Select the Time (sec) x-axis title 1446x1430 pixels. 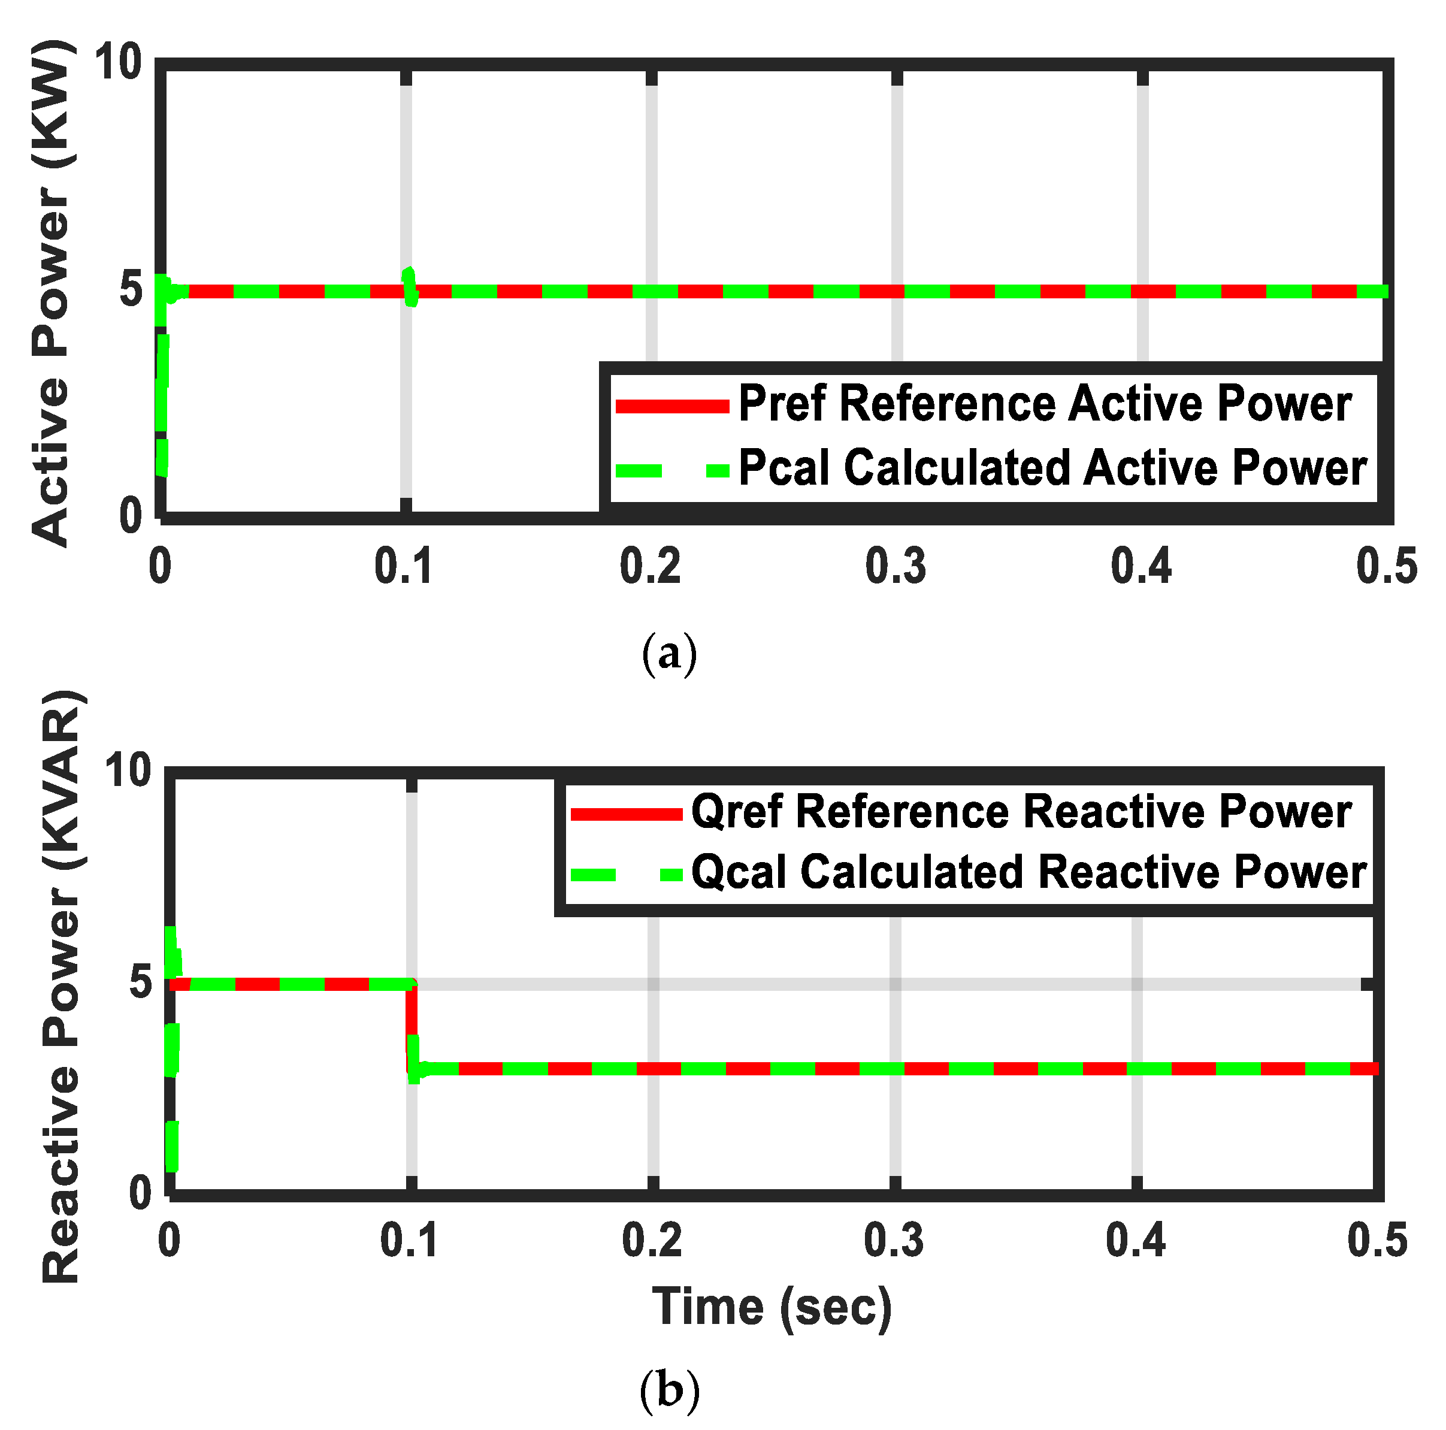pos(772,1307)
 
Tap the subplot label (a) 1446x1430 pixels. pos(669,654)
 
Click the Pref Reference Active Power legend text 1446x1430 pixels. pos(1045,404)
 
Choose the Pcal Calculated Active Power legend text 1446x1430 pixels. pos(1052,468)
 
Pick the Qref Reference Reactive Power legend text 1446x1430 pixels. pos(1021,812)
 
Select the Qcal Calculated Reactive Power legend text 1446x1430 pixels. pos(1028,873)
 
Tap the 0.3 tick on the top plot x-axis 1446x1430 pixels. pos(896,567)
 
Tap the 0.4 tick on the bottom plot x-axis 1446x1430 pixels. pos(1135,1241)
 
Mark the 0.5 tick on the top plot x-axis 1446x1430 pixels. pos(1387,567)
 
